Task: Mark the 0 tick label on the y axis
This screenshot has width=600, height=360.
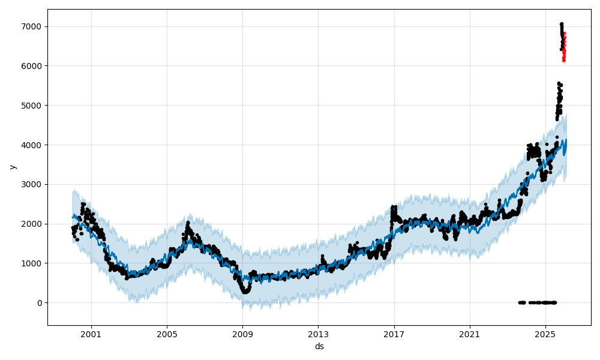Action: point(40,303)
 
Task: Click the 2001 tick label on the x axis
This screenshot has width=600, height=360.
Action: point(91,334)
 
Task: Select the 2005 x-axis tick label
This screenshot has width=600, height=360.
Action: point(167,334)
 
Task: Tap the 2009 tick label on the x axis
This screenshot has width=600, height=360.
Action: point(242,334)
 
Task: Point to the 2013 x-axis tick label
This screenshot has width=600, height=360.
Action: point(318,334)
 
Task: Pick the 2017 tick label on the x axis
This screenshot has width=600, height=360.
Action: point(394,334)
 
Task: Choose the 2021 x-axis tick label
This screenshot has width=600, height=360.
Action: point(470,334)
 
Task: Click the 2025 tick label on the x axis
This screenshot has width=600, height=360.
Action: point(545,334)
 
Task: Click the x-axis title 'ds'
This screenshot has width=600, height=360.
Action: point(319,346)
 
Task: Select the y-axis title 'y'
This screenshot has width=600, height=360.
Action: point(12,167)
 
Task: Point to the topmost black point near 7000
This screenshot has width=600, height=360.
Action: point(562,24)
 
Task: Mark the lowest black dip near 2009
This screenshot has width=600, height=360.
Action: point(244,292)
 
